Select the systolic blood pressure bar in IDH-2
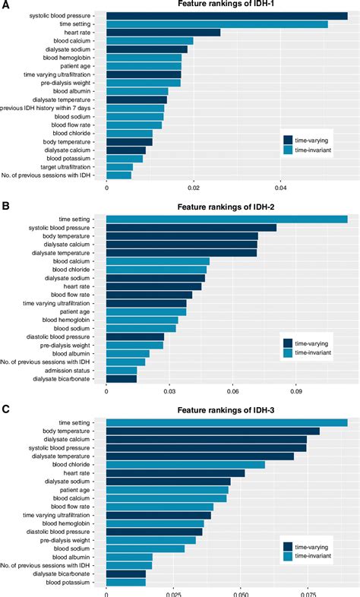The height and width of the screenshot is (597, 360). coord(191,227)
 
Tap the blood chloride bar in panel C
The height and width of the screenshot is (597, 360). coord(185,464)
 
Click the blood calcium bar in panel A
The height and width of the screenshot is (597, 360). coord(150,41)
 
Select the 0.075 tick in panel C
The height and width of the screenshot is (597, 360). coord(307,592)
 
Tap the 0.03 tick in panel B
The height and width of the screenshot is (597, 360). coord(169,393)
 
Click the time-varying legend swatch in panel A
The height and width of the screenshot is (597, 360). coord(288,140)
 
